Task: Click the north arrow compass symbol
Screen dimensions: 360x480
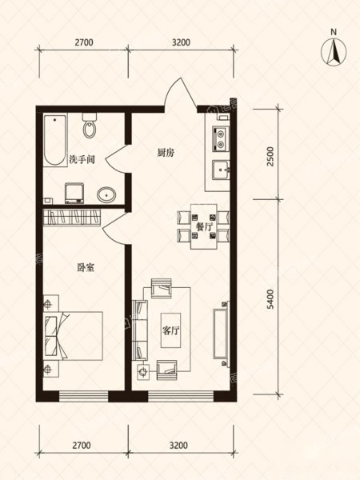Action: tap(334, 52)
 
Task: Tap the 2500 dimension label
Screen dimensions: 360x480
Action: tap(270, 157)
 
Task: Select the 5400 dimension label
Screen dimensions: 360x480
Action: tap(270, 299)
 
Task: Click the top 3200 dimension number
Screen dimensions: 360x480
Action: tap(181, 42)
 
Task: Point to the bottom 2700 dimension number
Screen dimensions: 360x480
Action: tap(82, 445)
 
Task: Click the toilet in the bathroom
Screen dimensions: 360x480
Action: tap(90, 126)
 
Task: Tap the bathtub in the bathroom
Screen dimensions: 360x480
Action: tap(54, 141)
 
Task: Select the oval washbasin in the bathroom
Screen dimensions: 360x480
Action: tap(106, 194)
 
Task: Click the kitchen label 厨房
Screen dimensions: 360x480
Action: tap(166, 152)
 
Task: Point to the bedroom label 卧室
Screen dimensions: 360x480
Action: tap(86, 267)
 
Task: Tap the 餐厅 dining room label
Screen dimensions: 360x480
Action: tap(204, 227)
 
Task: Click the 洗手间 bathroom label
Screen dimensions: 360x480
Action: tap(82, 159)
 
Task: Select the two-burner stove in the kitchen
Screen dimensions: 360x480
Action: tap(221, 138)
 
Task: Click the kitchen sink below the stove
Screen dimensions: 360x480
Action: tap(221, 170)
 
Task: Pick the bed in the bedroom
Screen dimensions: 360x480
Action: tap(73, 336)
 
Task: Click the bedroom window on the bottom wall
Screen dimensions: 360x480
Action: tap(83, 397)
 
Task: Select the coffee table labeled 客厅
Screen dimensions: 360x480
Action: tap(171, 330)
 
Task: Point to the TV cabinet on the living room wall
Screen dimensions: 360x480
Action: tap(221, 334)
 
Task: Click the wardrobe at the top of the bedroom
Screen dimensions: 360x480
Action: tap(72, 218)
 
